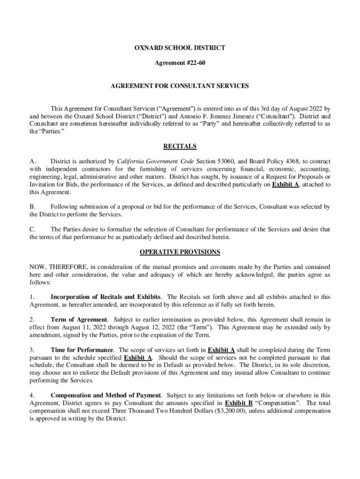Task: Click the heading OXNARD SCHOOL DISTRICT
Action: [180, 48]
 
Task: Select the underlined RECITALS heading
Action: [180, 146]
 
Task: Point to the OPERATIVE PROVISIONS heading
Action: [180, 252]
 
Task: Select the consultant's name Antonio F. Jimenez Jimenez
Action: [225, 116]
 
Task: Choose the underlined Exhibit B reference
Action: [239, 403]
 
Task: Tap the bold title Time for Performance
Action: [82, 350]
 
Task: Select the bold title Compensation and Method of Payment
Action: [106, 396]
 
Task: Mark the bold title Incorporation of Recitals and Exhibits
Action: [106, 297]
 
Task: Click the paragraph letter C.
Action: [32, 229]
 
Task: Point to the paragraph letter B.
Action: [32, 207]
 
